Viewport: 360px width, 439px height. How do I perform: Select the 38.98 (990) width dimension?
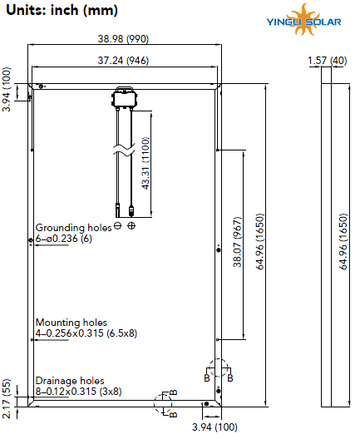coord(127,39)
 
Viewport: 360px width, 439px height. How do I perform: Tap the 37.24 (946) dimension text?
coord(127,61)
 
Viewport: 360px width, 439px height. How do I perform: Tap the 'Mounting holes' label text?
coord(71,322)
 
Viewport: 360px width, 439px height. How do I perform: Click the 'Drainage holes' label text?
coord(70,379)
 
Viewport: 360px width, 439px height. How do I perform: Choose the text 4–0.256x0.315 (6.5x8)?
coord(86,333)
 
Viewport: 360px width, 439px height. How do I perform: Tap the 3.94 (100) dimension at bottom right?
coord(213,427)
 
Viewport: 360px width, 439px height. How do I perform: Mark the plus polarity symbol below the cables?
coord(131,226)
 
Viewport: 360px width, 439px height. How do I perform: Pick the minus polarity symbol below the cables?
coord(118,226)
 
